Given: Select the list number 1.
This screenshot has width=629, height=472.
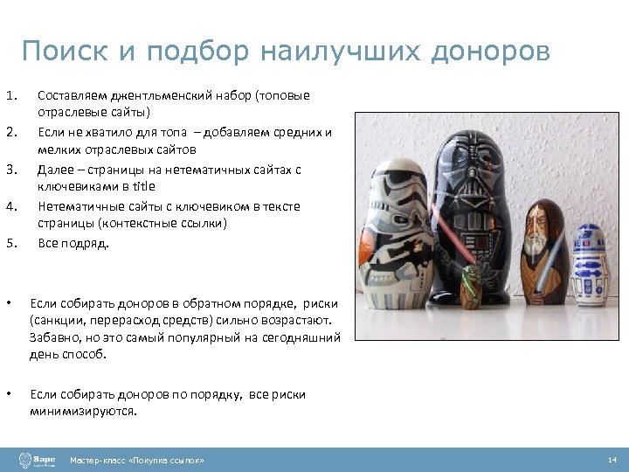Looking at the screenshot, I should point(10,95).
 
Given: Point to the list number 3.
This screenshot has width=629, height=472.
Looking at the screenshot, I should point(10,169).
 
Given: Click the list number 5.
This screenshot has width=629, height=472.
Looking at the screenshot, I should point(10,243).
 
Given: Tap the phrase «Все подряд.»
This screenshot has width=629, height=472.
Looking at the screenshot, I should point(73,243).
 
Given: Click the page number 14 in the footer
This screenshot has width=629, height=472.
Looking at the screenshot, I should point(612,460).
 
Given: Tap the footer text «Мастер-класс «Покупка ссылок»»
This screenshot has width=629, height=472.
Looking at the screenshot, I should point(138,460).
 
